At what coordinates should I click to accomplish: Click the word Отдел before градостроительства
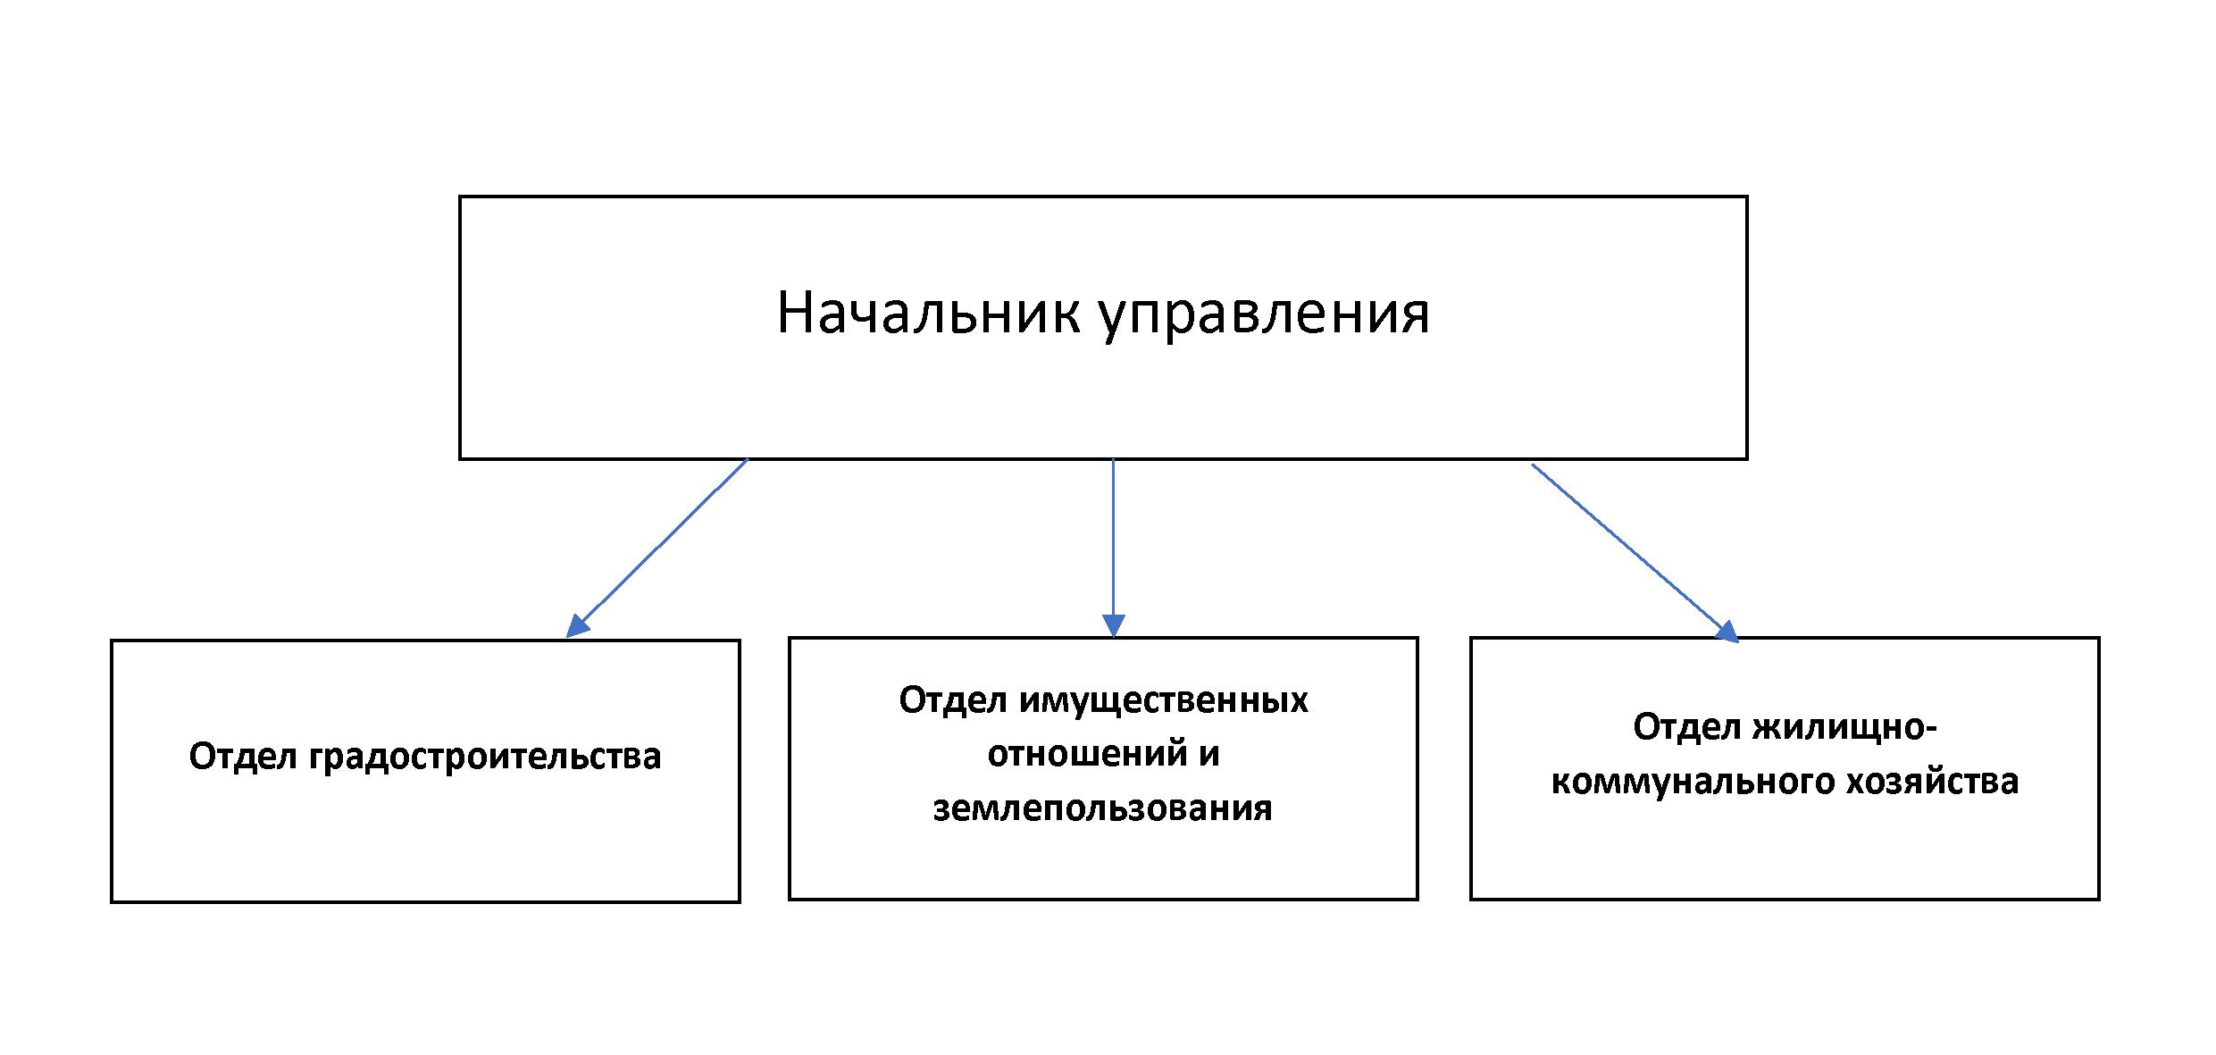tap(243, 756)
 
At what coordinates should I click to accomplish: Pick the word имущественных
tap(1164, 701)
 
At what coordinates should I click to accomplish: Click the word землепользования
tap(1103, 808)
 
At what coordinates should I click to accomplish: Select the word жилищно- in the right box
tap(1844, 727)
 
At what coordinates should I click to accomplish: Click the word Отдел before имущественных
tap(953, 701)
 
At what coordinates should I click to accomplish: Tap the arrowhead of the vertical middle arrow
tap(1113, 626)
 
